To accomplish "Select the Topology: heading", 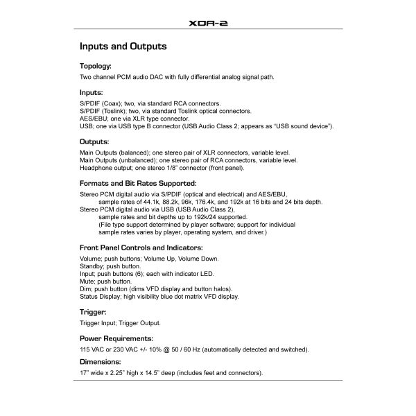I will pos(101,67).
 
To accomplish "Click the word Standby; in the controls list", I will pos(94,266).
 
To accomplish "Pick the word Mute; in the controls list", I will pos(88,281).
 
